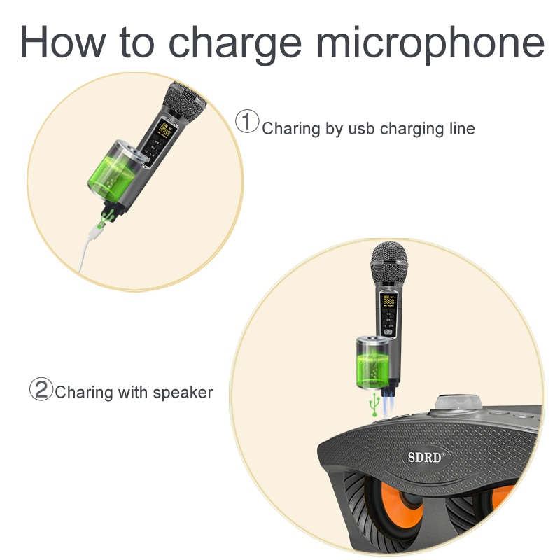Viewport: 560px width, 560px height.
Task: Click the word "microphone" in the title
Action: (x=430, y=43)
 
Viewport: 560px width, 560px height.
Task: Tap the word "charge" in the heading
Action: (x=235, y=45)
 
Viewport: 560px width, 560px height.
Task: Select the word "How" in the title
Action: (x=62, y=41)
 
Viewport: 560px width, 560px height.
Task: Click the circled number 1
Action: (x=247, y=121)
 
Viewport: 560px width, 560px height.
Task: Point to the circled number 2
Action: (x=41, y=389)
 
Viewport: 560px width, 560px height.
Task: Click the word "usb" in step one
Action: (x=361, y=129)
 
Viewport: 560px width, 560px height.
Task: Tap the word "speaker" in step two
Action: (x=183, y=393)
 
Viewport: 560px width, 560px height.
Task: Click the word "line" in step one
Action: (x=462, y=128)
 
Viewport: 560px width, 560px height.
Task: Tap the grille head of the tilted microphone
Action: (x=184, y=101)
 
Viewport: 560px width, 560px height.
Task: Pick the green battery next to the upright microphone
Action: (x=372, y=363)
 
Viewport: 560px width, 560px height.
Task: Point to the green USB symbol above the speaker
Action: (x=374, y=405)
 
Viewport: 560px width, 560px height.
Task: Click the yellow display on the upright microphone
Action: (x=388, y=300)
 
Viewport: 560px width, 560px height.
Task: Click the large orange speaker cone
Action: (x=399, y=503)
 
